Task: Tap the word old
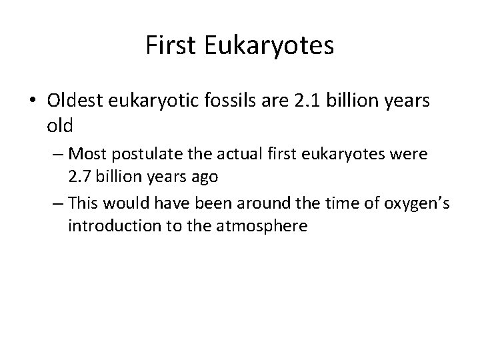pyautogui.click(x=61, y=125)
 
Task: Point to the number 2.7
pyautogui.click(x=81, y=177)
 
